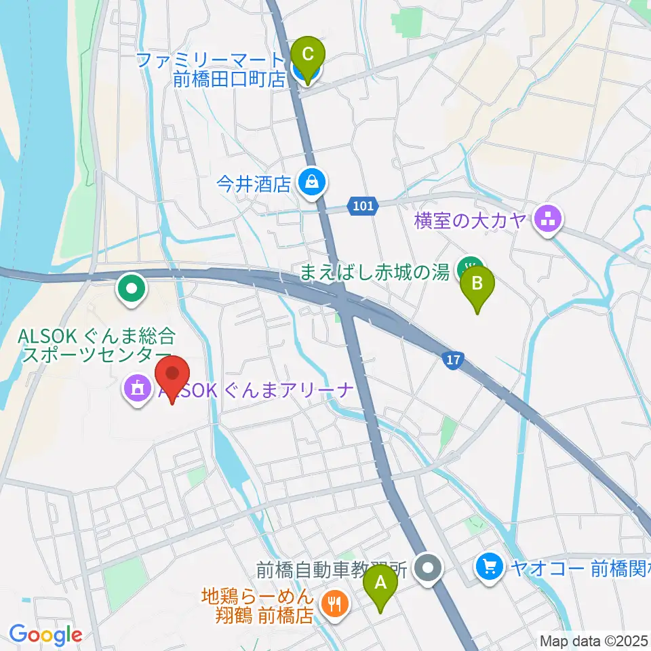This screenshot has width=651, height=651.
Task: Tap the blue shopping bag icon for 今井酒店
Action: pyautogui.click(x=311, y=182)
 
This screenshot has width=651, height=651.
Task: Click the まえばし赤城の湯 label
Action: pyautogui.click(x=375, y=273)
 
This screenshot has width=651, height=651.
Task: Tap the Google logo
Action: pyautogui.click(x=45, y=635)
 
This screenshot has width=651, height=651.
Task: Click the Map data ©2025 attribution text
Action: pyautogui.click(x=593, y=640)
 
